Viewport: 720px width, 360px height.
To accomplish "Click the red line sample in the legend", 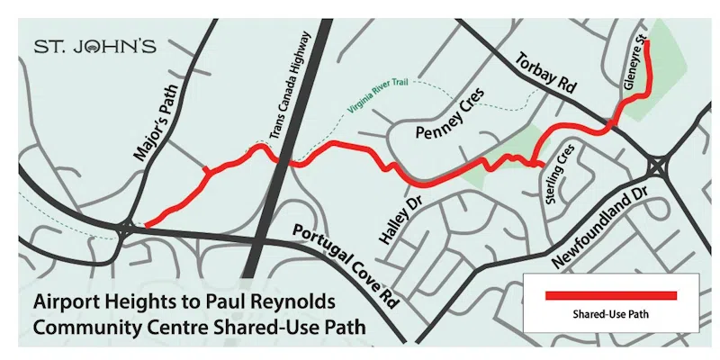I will (x=612, y=294).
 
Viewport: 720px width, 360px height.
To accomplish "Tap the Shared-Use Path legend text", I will (x=612, y=315).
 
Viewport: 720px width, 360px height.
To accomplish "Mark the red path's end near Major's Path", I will (x=146, y=224).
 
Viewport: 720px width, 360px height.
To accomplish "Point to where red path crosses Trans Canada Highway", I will (x=283, y=161).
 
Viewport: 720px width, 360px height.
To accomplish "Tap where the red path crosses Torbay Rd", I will (x=611, y=123).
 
